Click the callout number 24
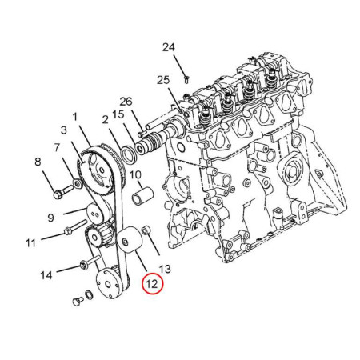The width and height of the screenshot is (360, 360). point(169,47)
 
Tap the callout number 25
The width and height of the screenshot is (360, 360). point(163,80)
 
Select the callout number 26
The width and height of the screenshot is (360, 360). point(126,102)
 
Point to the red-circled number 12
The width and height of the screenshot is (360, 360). point(152,283)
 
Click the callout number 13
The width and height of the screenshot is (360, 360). point(165,269)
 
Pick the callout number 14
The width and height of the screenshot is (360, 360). point(46,275)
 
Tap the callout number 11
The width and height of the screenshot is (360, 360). point(30,243)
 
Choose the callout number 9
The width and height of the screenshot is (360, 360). point(50,218)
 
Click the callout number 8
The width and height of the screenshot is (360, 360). point(38,162)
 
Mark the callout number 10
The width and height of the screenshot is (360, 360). point(135,175)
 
